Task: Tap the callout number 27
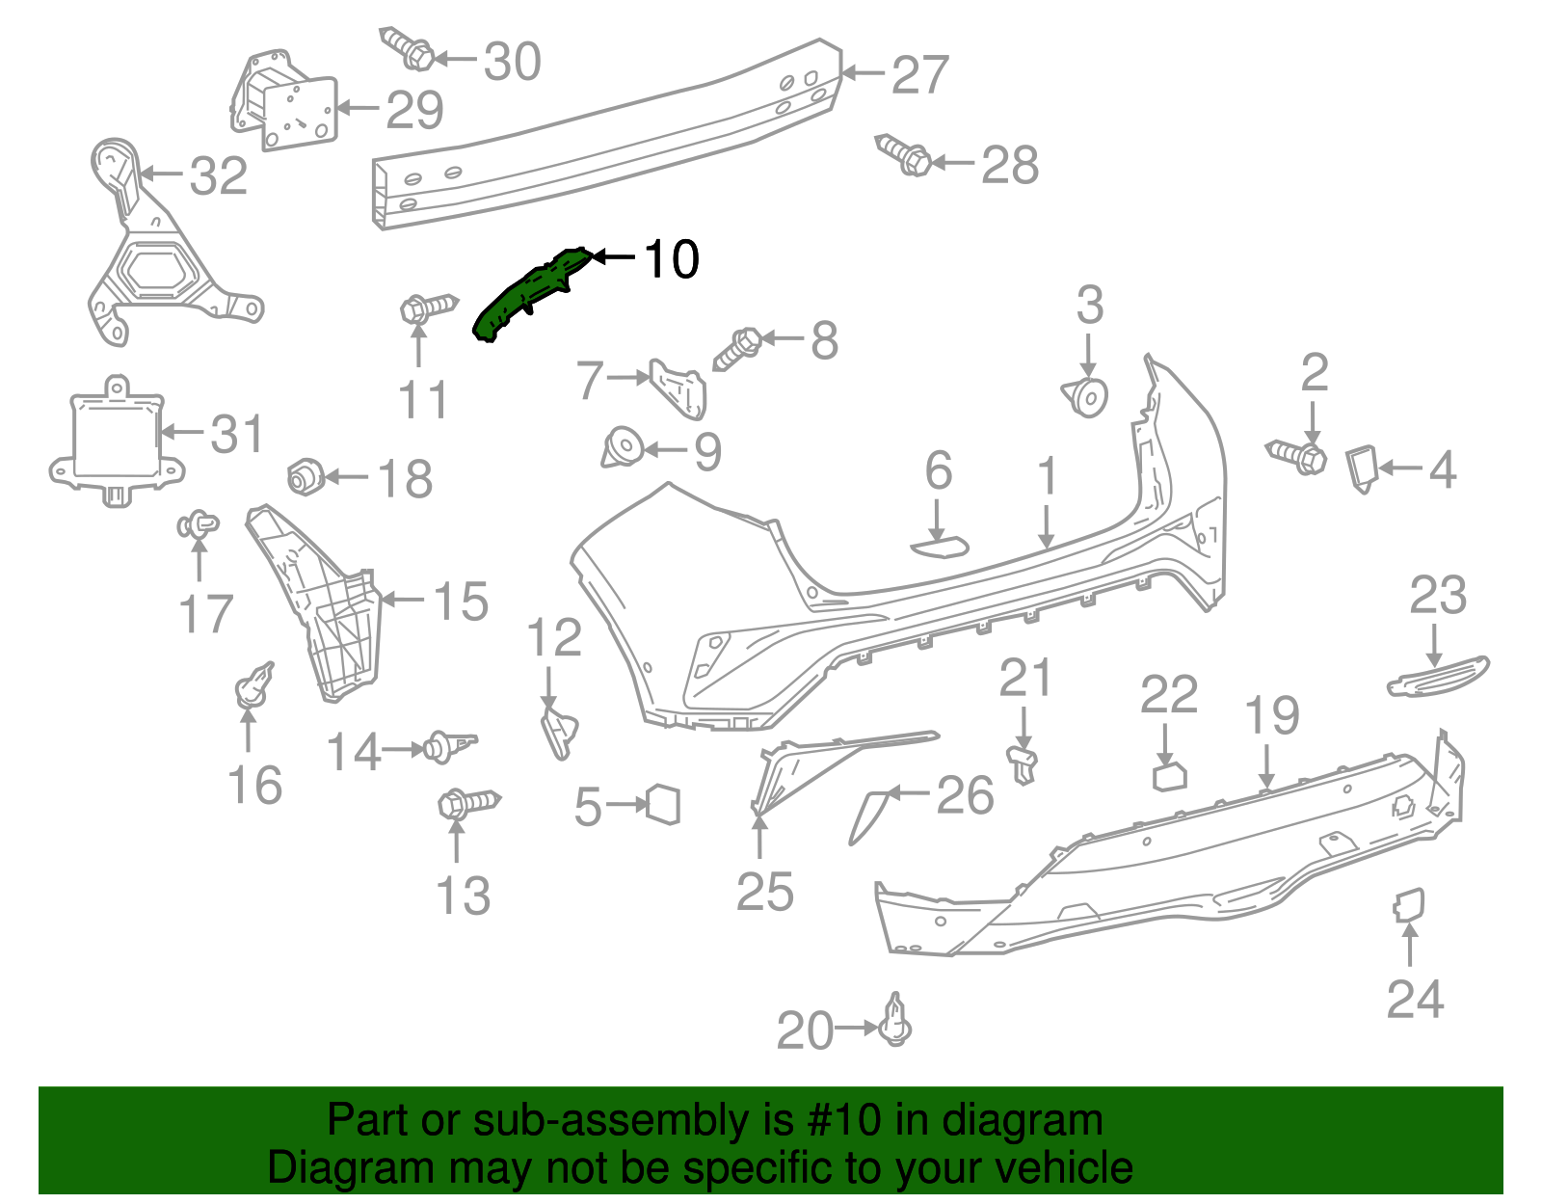coord(920,75)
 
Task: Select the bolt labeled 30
coord(407,48)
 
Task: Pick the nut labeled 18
coord(305,476)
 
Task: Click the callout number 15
coord(461,602)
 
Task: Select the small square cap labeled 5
coord(664,805)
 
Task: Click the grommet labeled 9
coord(623,449)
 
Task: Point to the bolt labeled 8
coord(738,348)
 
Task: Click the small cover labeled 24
coord(1408,905)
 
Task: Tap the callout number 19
coord(1272,715)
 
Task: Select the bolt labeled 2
coord(1297,455)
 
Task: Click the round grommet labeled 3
coord(1087,396)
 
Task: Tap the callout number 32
coord(219,176)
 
